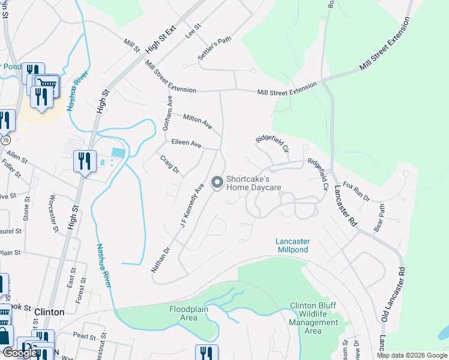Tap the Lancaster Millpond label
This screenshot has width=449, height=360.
[x=292, y=245]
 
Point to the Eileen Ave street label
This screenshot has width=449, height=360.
[x=186, y=144]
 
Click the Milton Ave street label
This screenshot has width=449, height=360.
[x=197, y=122]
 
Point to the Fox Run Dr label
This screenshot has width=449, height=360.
[x=357, y=192]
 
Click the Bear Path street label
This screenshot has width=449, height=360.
[x=380, y=218]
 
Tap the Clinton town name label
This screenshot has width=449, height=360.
[x=49, y=312]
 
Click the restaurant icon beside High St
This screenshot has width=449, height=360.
[x=83, y=161]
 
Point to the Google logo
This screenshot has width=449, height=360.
[x=20, y=353]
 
